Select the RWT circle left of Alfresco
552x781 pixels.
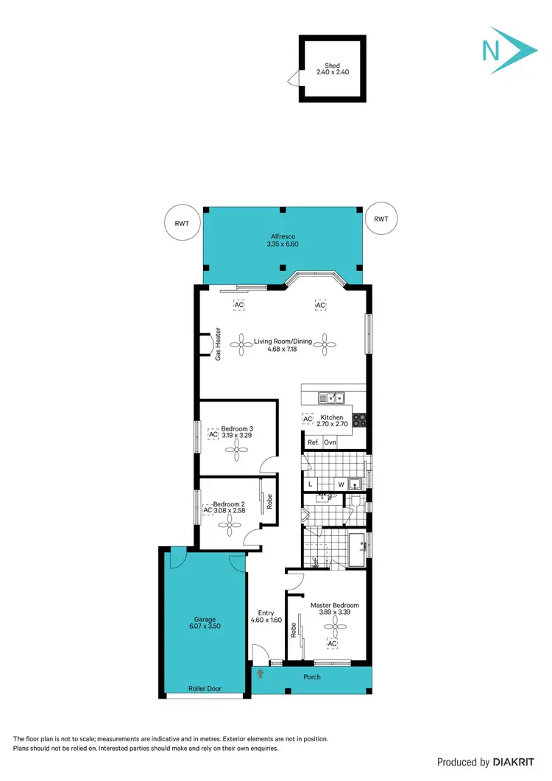click(181, 221)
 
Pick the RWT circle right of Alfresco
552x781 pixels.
click(381, 219)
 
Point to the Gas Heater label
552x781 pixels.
click(219, 344)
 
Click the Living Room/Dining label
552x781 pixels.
click(283, 342)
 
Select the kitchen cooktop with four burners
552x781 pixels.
click(360, 420)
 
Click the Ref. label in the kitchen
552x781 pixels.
click(313, 442)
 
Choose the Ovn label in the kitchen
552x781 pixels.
click(330, 442)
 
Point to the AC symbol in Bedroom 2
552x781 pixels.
click(208, 510)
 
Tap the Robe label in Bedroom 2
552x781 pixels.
click(270, 501)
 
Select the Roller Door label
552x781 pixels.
click(204, 690)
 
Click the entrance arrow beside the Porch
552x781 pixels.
click(259, 673)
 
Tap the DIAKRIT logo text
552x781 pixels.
click(514, 763)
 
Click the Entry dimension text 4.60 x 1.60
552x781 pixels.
click(266, 621)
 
